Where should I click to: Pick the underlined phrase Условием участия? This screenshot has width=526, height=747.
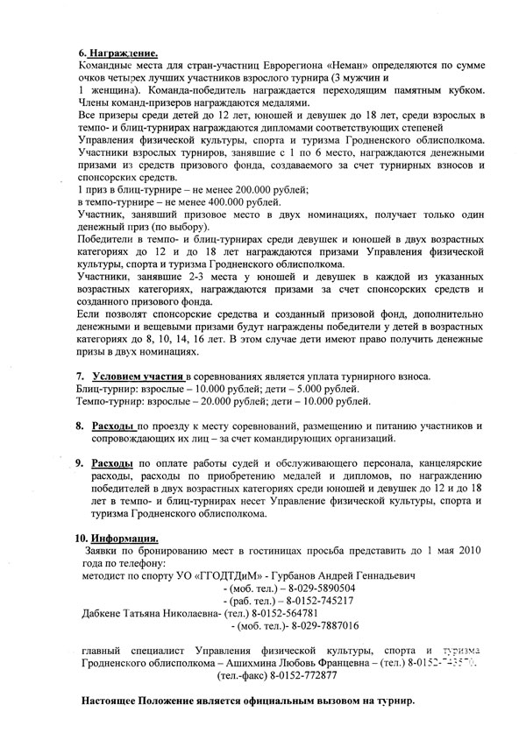[138, 376]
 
